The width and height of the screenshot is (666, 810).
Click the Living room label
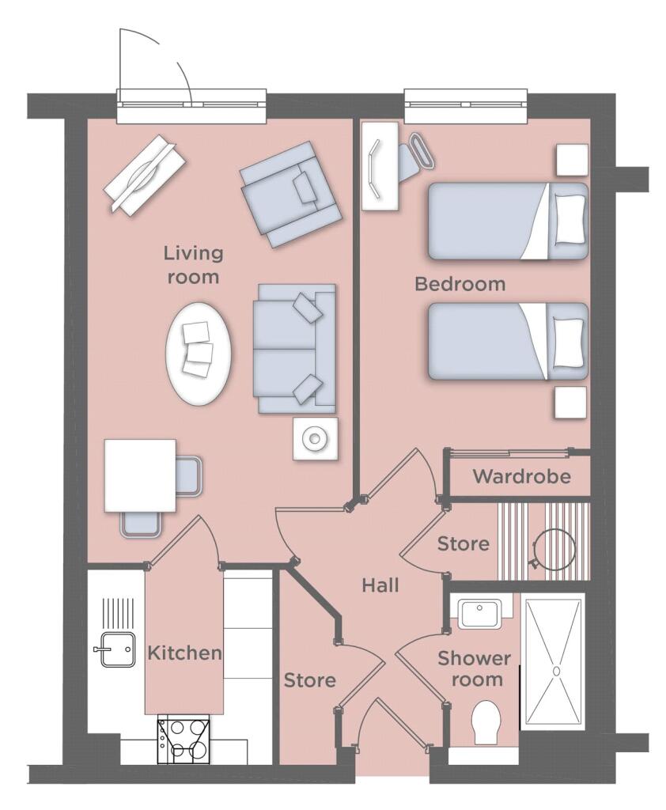(193, 265)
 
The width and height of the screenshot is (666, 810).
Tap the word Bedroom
(460, 284)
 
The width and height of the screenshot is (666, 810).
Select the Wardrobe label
(521, 477)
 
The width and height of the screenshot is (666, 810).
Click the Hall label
(380, 586)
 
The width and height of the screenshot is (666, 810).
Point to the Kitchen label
(184, 653)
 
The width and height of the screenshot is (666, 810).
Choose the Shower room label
(474, 668)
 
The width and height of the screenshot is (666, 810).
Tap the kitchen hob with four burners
(184, 739)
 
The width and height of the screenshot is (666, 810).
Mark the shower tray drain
(556, 671)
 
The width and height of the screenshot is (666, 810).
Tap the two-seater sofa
(293, 349)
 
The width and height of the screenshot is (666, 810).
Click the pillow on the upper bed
(570, 218)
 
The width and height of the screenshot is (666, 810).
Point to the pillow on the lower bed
(570, 343)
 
